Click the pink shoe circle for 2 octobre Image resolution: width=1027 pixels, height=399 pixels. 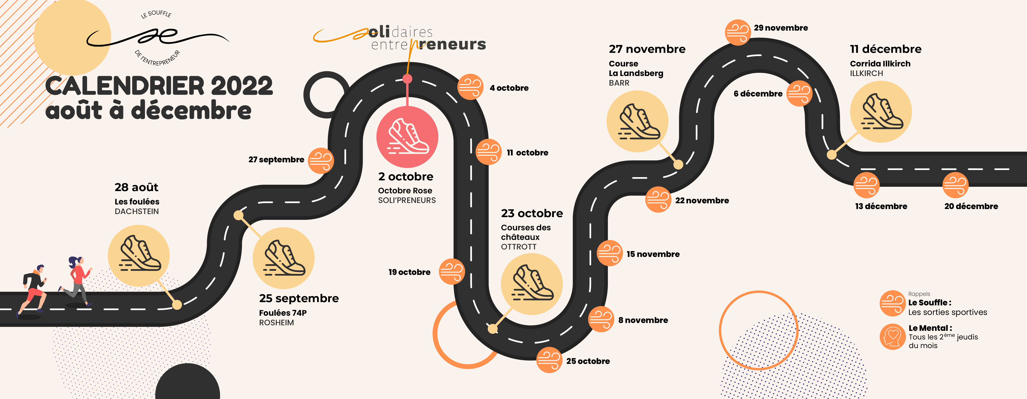pyautogui.click(x=407, y=137)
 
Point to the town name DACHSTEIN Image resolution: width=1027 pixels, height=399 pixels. pyautogui.click(x=137, y=212)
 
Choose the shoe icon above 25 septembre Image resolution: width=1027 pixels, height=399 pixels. pyautogui.click(x=283, y=258)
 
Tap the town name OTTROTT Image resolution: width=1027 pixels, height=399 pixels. pyautogui.click(x=519, y=247)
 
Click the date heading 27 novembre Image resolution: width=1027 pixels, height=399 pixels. pyautogui.click(x=647, y=49)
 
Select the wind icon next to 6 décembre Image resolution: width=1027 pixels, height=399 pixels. pyautogui.click(x=799, y=93)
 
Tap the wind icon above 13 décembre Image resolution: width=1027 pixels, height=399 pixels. pyautogui.click(x=866, y=185)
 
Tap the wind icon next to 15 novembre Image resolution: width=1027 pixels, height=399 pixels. pyautogui.click(x=609, y=253)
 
